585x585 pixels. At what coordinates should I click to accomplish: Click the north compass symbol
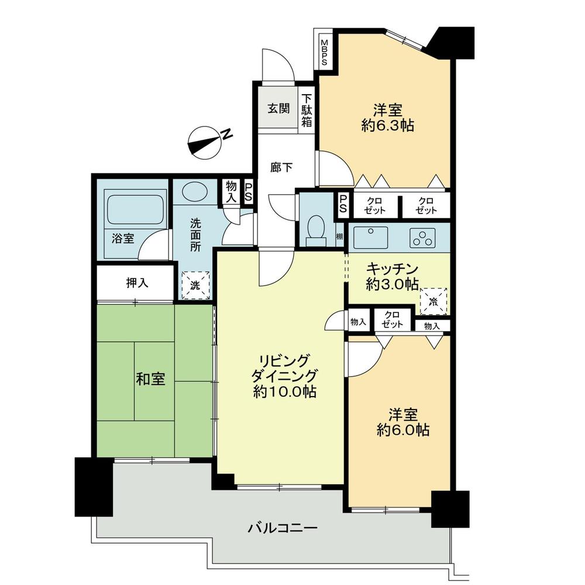pyautogui.click(x=205, y=142)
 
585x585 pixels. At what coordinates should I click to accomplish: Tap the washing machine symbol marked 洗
pyautogui.click(x=194, y=285)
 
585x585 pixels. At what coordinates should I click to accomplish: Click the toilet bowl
pyautogui.click(x=316, y=228)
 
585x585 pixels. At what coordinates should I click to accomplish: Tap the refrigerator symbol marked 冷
pyautogui.click(x=433, y=302)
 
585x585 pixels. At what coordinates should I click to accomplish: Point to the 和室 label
pyautogui.click(x=150, y=379)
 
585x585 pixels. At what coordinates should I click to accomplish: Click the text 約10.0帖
pyautogui.click(x=285, y=392)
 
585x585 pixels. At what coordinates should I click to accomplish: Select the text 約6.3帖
pyautogui.click(x=387, y=125)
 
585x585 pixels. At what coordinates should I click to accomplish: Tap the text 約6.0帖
pyautogui.click(x=403, y=431)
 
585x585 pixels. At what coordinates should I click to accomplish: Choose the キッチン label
pyautogui.click(x=392, y=269)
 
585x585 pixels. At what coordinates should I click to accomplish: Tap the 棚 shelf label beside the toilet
pyautogui.click(x=339, y=237)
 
